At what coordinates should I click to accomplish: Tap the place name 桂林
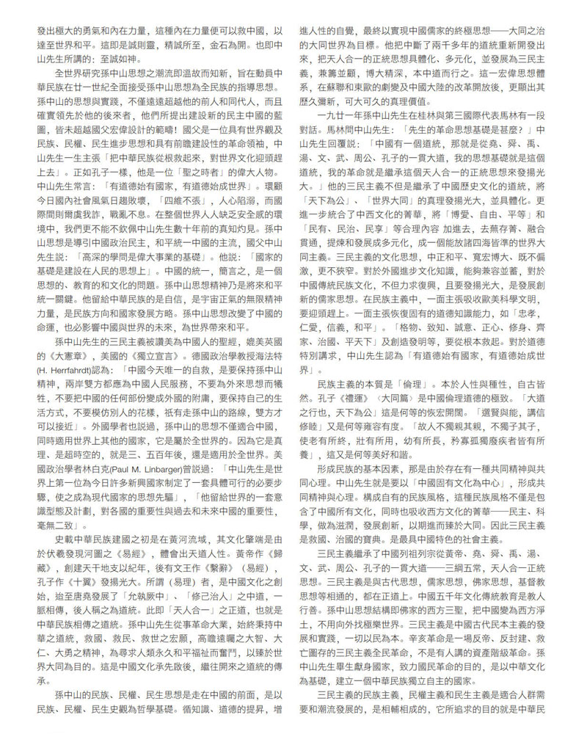pos(448,116)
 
